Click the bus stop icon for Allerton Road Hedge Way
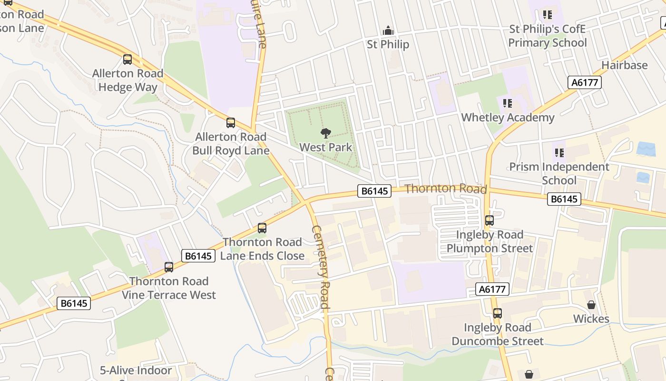click(x=127, y=60)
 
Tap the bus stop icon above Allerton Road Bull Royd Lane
click(x=231, y=123)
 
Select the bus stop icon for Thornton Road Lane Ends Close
click(x=262, y=228)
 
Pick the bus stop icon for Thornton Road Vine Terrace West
click(x=169, y=267)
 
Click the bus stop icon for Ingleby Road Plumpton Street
click(x=490, y=221)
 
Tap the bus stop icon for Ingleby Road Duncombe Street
click(x=498, y=313)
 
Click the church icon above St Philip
click(x=388, y=30)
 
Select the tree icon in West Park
click(x=326, y=133)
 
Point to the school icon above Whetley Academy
click(x=508, y=103)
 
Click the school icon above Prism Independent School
click(x=559, y=153)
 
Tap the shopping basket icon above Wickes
click(x=591, y=305)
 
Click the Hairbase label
click(x=625, y=65)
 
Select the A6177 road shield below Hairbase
click(x=585, y=82)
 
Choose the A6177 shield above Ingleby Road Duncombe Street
click(x=492, y=289)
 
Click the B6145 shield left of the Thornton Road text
click(x=374, y=191)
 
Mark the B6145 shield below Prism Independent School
click(x=564, y=199)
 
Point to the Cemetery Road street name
click(x=321, y=267)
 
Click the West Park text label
click(x=326, y=147)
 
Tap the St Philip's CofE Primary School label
click(x=548, y=36)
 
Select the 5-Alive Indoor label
click(x=136, y=370)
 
